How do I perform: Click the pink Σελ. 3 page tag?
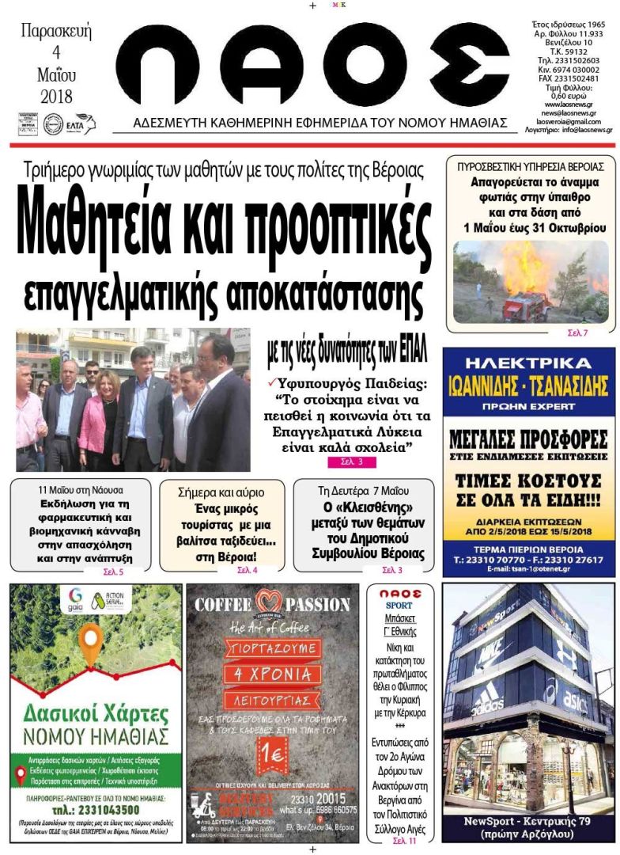click(346, 461)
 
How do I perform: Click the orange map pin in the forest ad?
click(93, 642)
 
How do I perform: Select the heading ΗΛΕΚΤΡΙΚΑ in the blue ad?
click(529, 364)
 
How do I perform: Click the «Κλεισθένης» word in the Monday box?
click(369, 506)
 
